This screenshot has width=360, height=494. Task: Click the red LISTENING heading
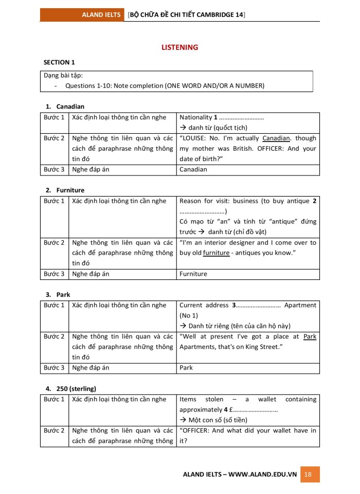[x=179, y=47]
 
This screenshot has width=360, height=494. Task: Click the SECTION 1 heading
[x=59, y=62]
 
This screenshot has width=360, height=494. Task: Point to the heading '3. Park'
[x=58, y=294]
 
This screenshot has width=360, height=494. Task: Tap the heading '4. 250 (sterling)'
[x=70, y=389]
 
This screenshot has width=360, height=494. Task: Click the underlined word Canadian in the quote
[x=276, y=138]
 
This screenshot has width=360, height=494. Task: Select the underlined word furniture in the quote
[x=216, y=253]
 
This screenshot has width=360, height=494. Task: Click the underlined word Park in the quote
[x=310, y=337]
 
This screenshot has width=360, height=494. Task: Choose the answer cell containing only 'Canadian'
[x=193, y=169]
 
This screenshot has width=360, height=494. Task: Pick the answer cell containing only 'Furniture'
[x=193, y=274]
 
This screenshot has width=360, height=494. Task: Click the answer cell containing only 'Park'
[x=187, y=368]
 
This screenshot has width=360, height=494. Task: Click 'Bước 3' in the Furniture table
[x=54, y=274]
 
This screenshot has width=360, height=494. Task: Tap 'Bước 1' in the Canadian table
[x=54, y=117]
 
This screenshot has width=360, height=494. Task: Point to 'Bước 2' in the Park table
[x=54, y=337]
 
